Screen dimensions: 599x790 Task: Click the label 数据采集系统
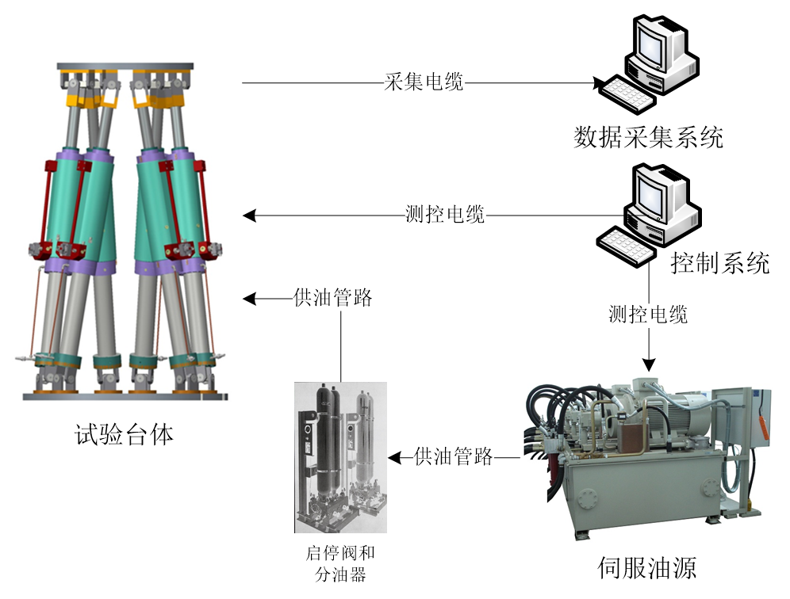coord(648,137)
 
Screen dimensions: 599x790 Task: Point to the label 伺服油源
coord(648,568)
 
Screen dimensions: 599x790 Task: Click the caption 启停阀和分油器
coord(340,563)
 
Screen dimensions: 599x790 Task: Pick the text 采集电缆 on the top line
coord(424,82)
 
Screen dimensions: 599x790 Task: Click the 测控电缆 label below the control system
coord(648,315)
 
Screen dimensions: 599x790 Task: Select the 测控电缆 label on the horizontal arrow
coord(444,215)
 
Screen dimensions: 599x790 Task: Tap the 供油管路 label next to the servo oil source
coord(454,456)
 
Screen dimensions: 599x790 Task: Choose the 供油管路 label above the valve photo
coord(333,299)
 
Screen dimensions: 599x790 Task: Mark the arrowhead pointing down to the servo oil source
coord(649,364)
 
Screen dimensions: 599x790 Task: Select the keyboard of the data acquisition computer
coord(626,93)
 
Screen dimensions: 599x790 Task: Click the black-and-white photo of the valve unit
coord(340,457)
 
